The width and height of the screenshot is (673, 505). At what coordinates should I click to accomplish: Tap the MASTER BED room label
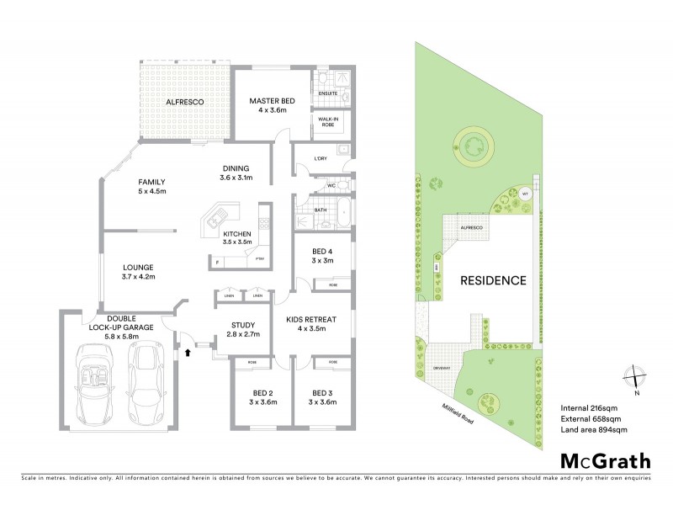point(268,101)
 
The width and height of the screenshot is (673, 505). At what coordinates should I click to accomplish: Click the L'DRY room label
point(320,158)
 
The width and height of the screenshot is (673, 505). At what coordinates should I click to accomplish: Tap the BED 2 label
point(263,393)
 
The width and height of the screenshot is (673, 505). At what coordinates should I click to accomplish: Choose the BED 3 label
point(324,393)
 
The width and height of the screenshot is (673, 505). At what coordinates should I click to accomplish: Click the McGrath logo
point(605,460)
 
